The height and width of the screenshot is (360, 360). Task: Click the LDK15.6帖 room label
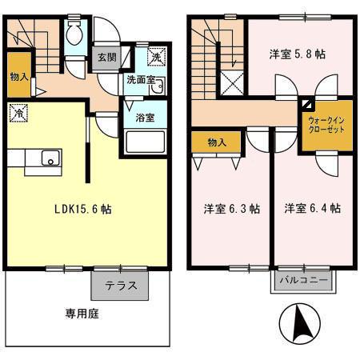pyautogui.click(x=83, y=209)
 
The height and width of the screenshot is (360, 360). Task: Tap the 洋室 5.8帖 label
pyautogui.click(x=297, y=54)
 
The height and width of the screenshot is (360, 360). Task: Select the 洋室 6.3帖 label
pyautogui.click(x=232, y=209)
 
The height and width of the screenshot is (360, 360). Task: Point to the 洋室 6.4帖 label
pyautogui.click(x=312, y=208)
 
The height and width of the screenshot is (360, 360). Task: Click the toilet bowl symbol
pyautogui.click(x=74, y=33)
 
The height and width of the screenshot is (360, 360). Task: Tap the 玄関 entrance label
pyautogui.click(x=107, y=58)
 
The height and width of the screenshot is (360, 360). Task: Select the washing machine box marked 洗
pyautogui.click(x=157, y=57)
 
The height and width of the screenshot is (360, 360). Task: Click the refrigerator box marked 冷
pyautogui.click(x=18, y=113)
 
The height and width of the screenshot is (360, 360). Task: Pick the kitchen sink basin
pyautogui.click(x=50, y=158)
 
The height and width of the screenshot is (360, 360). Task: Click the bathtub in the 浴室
pyautogui.click(x=146, y=142)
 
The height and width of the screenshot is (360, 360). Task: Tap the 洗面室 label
pyautogui.click(x=141, y=80)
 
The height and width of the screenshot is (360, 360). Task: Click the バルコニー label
pyautogui.click(x=303, y=280)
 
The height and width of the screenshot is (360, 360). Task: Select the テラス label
pyautogui.click(x=121, y=286)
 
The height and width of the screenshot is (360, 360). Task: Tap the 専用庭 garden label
pyautogui.click(x=82, y=314)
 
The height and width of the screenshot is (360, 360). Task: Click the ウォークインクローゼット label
pyautogui.click(x=326, y=125)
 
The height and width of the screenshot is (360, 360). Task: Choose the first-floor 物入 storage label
pyautogui.click(x=19, y=77)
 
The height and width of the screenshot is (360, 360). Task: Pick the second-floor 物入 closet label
pyautogui.click(x=217, y=142)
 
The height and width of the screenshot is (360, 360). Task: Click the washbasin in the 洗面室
pyautogui.click(x=158, y=86)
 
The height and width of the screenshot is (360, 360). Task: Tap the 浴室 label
pyautogui.click(x=145, y=118)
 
